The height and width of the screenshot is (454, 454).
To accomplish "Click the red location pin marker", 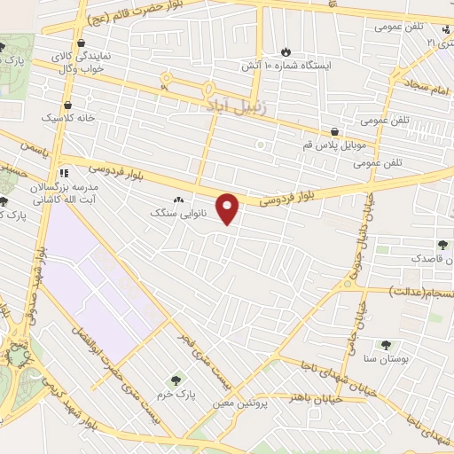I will click(229, 207).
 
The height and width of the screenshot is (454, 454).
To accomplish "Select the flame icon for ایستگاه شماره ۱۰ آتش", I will click(285, 52).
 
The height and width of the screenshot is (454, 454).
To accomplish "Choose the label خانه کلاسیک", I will click(65, 117).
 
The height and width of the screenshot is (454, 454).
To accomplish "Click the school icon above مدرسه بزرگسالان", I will click(63, 172).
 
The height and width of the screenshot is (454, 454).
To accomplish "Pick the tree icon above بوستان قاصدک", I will click(441, 245).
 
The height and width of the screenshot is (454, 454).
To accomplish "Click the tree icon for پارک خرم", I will click(174, 380).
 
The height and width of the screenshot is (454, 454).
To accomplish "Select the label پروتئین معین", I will click(239, 404).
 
